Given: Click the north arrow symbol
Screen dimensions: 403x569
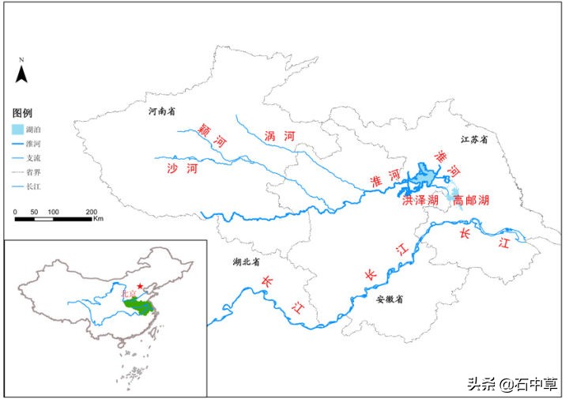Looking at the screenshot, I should pyautogui.click(x=23, y=73).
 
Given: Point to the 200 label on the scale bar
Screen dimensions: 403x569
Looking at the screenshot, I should pyautogui.click(x=91, y=212).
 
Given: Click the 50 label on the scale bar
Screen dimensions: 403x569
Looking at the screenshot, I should pyautogui.click(x=34, y=212).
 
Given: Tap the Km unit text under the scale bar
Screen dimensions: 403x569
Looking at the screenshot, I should pyautogui.click(x=98, y=220).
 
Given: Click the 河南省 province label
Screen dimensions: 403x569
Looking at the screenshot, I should pyautogui.click(x=162, y=113).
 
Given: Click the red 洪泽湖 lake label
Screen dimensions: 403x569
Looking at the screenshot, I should pyautogui.click(x=420, y=201).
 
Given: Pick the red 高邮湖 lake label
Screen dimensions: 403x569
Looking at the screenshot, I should pyautogui.click(x=470, y=201).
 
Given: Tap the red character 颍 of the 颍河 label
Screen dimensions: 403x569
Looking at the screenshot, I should pyautogui.click(x=206, y=128).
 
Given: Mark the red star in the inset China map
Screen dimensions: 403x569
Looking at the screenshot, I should pyautogui.click(x=141, y=286).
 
